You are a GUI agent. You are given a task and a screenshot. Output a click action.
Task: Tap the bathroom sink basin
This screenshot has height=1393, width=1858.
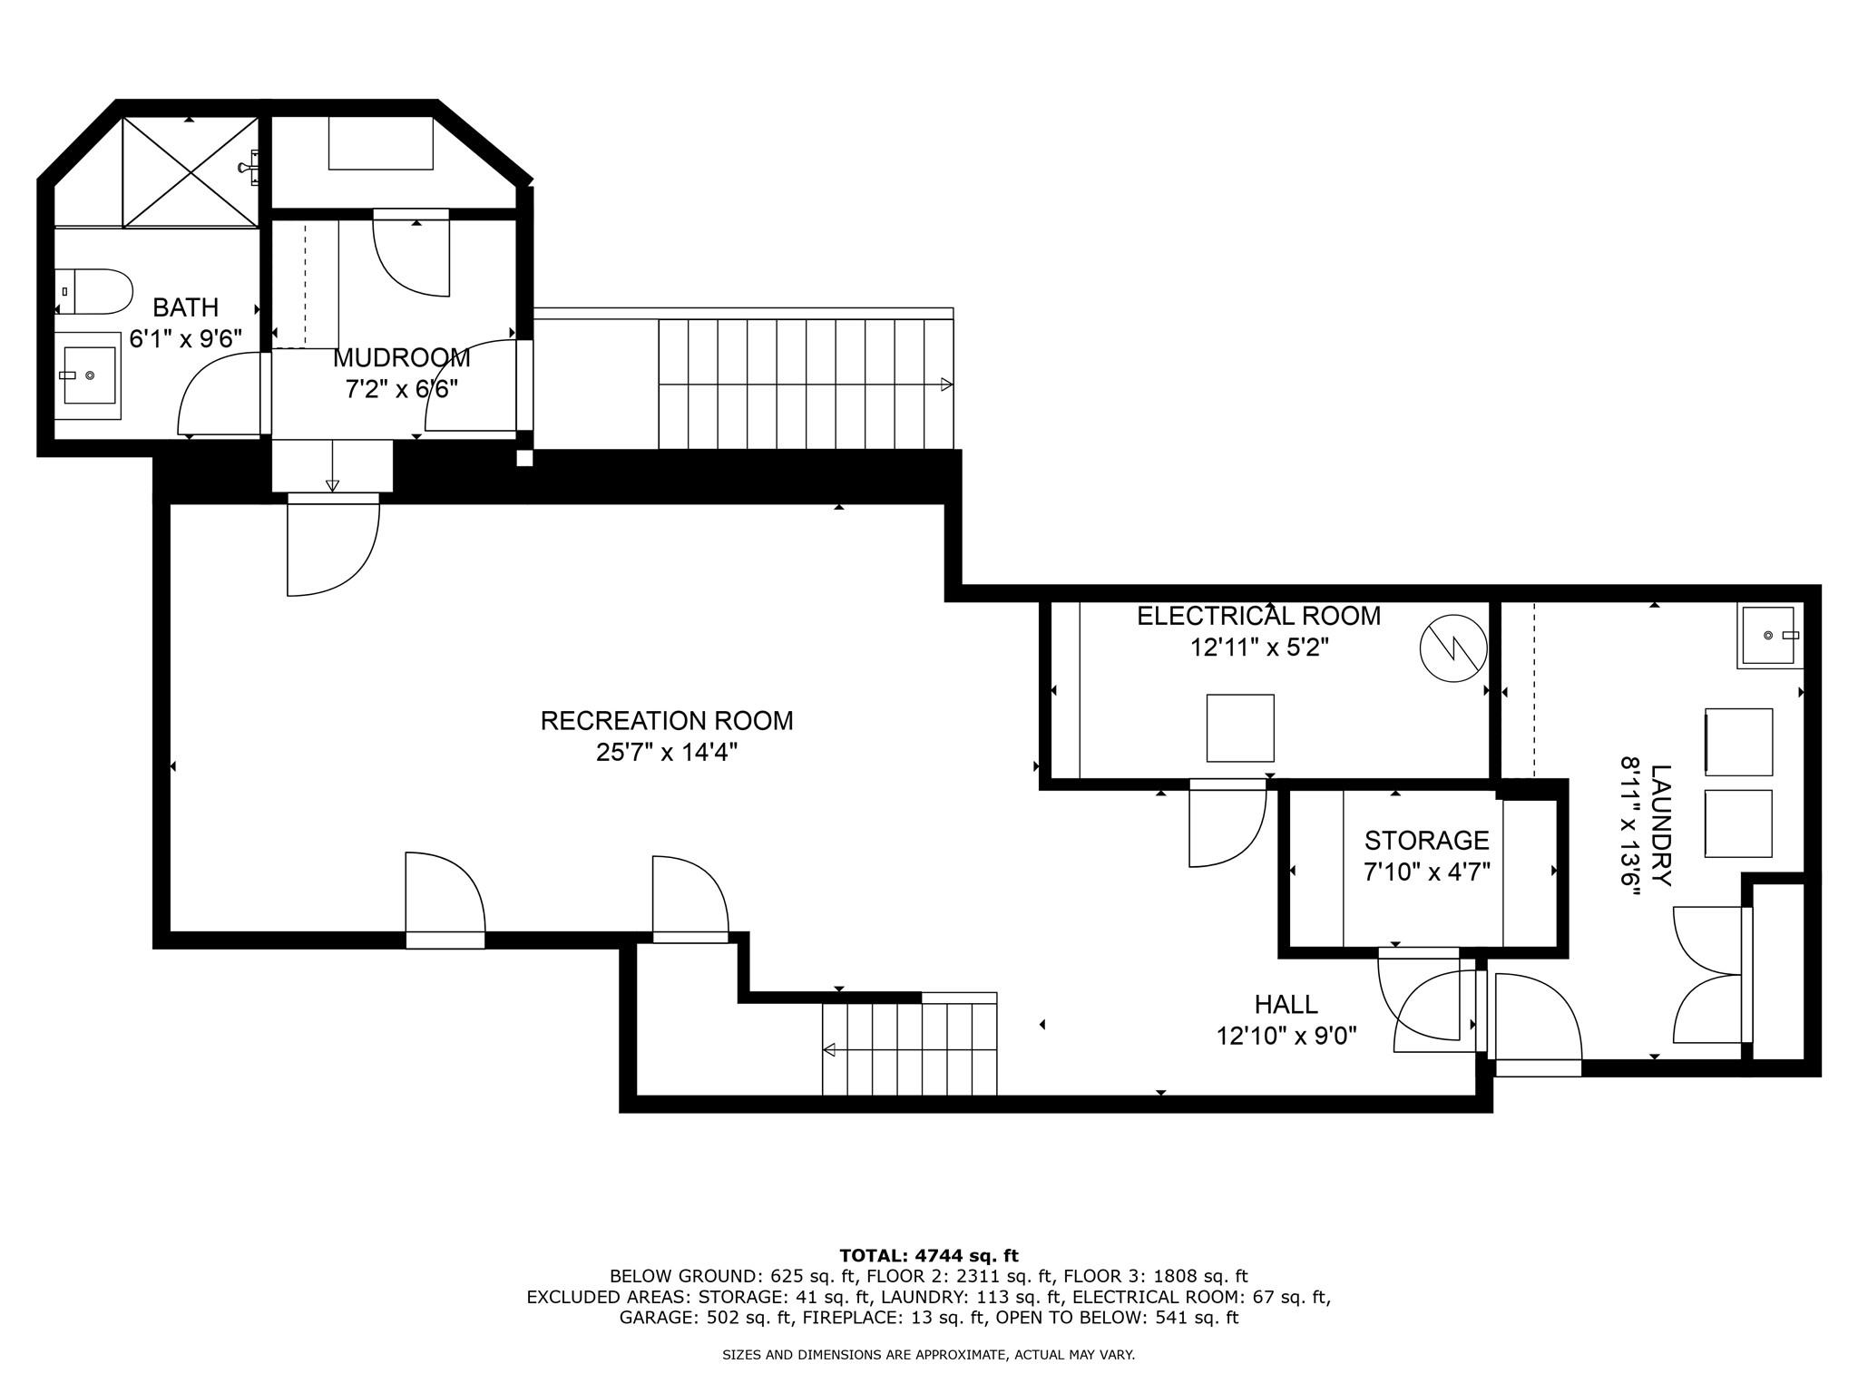point(89,375)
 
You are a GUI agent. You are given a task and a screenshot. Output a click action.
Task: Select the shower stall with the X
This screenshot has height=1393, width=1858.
point(191,171)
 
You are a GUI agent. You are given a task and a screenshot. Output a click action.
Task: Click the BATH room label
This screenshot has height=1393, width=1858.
point(185,307)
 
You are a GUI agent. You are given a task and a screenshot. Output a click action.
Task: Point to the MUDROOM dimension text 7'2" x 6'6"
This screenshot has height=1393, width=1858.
point(401,389)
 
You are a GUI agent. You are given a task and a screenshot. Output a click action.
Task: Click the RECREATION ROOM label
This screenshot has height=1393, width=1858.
point(667,721)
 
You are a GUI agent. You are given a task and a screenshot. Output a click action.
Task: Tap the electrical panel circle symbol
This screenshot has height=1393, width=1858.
point(1453,649)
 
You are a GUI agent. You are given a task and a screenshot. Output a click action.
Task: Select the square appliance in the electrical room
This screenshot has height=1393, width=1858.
point(1240,728)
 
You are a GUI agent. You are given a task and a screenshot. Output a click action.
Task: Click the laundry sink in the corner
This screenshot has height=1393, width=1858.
point(1768,636)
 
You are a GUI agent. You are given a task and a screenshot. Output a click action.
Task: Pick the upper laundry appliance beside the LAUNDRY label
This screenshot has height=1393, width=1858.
point(1738,742)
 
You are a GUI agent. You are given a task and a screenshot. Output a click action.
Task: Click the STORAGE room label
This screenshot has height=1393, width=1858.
point(1426,840)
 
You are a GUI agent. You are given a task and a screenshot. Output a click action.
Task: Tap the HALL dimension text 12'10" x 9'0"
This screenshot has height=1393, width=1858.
point(1286,1036)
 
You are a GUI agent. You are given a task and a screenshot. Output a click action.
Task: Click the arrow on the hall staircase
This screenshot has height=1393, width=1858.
point(829,1050)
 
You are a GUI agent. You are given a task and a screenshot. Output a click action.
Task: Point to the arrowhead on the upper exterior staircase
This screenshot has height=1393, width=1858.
point(946,385)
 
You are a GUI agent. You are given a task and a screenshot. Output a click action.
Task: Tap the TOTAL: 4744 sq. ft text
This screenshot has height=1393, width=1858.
point(929,1256)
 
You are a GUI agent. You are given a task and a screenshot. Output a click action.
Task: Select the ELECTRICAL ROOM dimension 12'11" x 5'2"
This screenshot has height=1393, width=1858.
point(1259,648)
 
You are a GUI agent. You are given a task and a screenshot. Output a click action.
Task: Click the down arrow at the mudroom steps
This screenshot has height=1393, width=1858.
point(332,484)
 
